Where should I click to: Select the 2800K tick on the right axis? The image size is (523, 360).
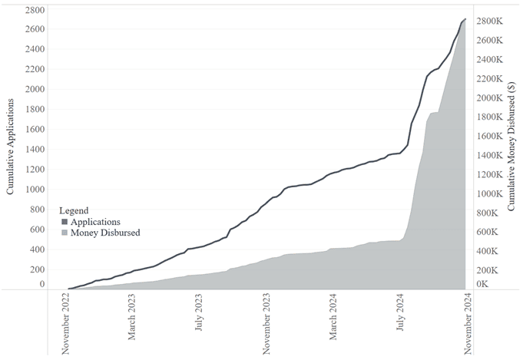[x=489, y=21]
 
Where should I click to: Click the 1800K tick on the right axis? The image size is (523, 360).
[x=489, y=117]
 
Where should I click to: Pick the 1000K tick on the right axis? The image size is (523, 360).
[x=489, y=194]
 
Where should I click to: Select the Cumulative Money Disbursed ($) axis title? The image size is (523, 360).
[x=511, y=148]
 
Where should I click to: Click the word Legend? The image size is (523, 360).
[x=74, y=210]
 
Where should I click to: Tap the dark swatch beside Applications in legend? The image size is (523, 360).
[x=65, y=222]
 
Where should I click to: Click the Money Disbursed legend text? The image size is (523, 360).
[x=105, y=233]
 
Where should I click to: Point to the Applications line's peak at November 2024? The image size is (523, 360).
[x=465, y=19]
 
